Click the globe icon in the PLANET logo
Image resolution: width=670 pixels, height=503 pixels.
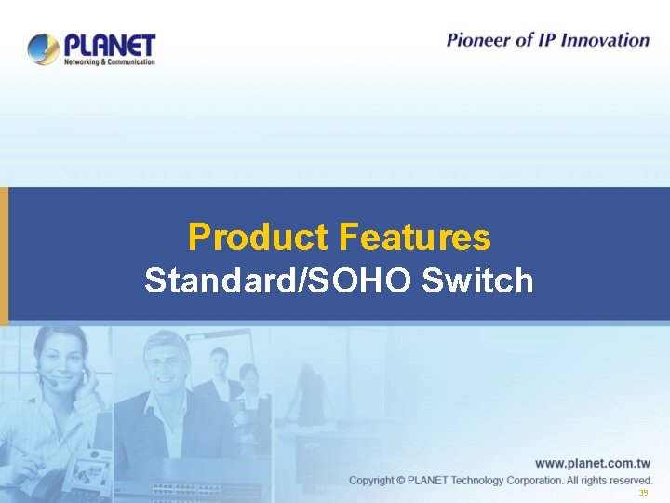point(43,48)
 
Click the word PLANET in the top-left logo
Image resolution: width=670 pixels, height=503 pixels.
point(110,45)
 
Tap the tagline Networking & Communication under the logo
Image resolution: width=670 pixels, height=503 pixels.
point(109,62)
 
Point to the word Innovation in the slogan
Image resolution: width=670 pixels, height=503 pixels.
point(605,40)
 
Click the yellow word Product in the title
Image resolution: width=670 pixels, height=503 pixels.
point(259,238)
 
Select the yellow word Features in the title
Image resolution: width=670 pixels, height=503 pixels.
point(414,238)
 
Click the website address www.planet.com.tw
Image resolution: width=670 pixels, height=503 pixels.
point(593,463)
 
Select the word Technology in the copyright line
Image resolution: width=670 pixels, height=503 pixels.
point(485,481)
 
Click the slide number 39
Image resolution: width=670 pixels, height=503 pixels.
point(642,493)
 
